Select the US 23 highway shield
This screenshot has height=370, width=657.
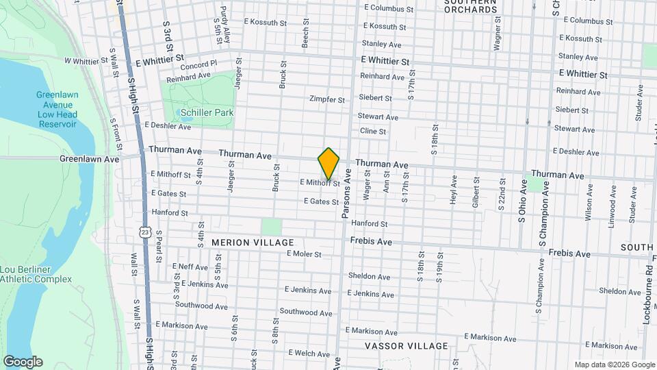(x=145, y=232)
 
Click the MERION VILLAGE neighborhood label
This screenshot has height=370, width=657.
(x=253, y=243)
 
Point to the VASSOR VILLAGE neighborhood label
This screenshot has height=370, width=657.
(x=407, y=346)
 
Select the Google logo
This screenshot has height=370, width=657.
(x=23, y=361)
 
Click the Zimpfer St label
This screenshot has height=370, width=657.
(x=327, y=99)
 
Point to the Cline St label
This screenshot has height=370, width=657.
(x=374, y=132)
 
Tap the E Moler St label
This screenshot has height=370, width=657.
(x=304, y=254)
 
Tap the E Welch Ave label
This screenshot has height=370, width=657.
(x=310, y=353)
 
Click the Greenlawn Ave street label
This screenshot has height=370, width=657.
(x=90, y=159)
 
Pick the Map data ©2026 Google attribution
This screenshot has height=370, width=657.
(x=614, y=365)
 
